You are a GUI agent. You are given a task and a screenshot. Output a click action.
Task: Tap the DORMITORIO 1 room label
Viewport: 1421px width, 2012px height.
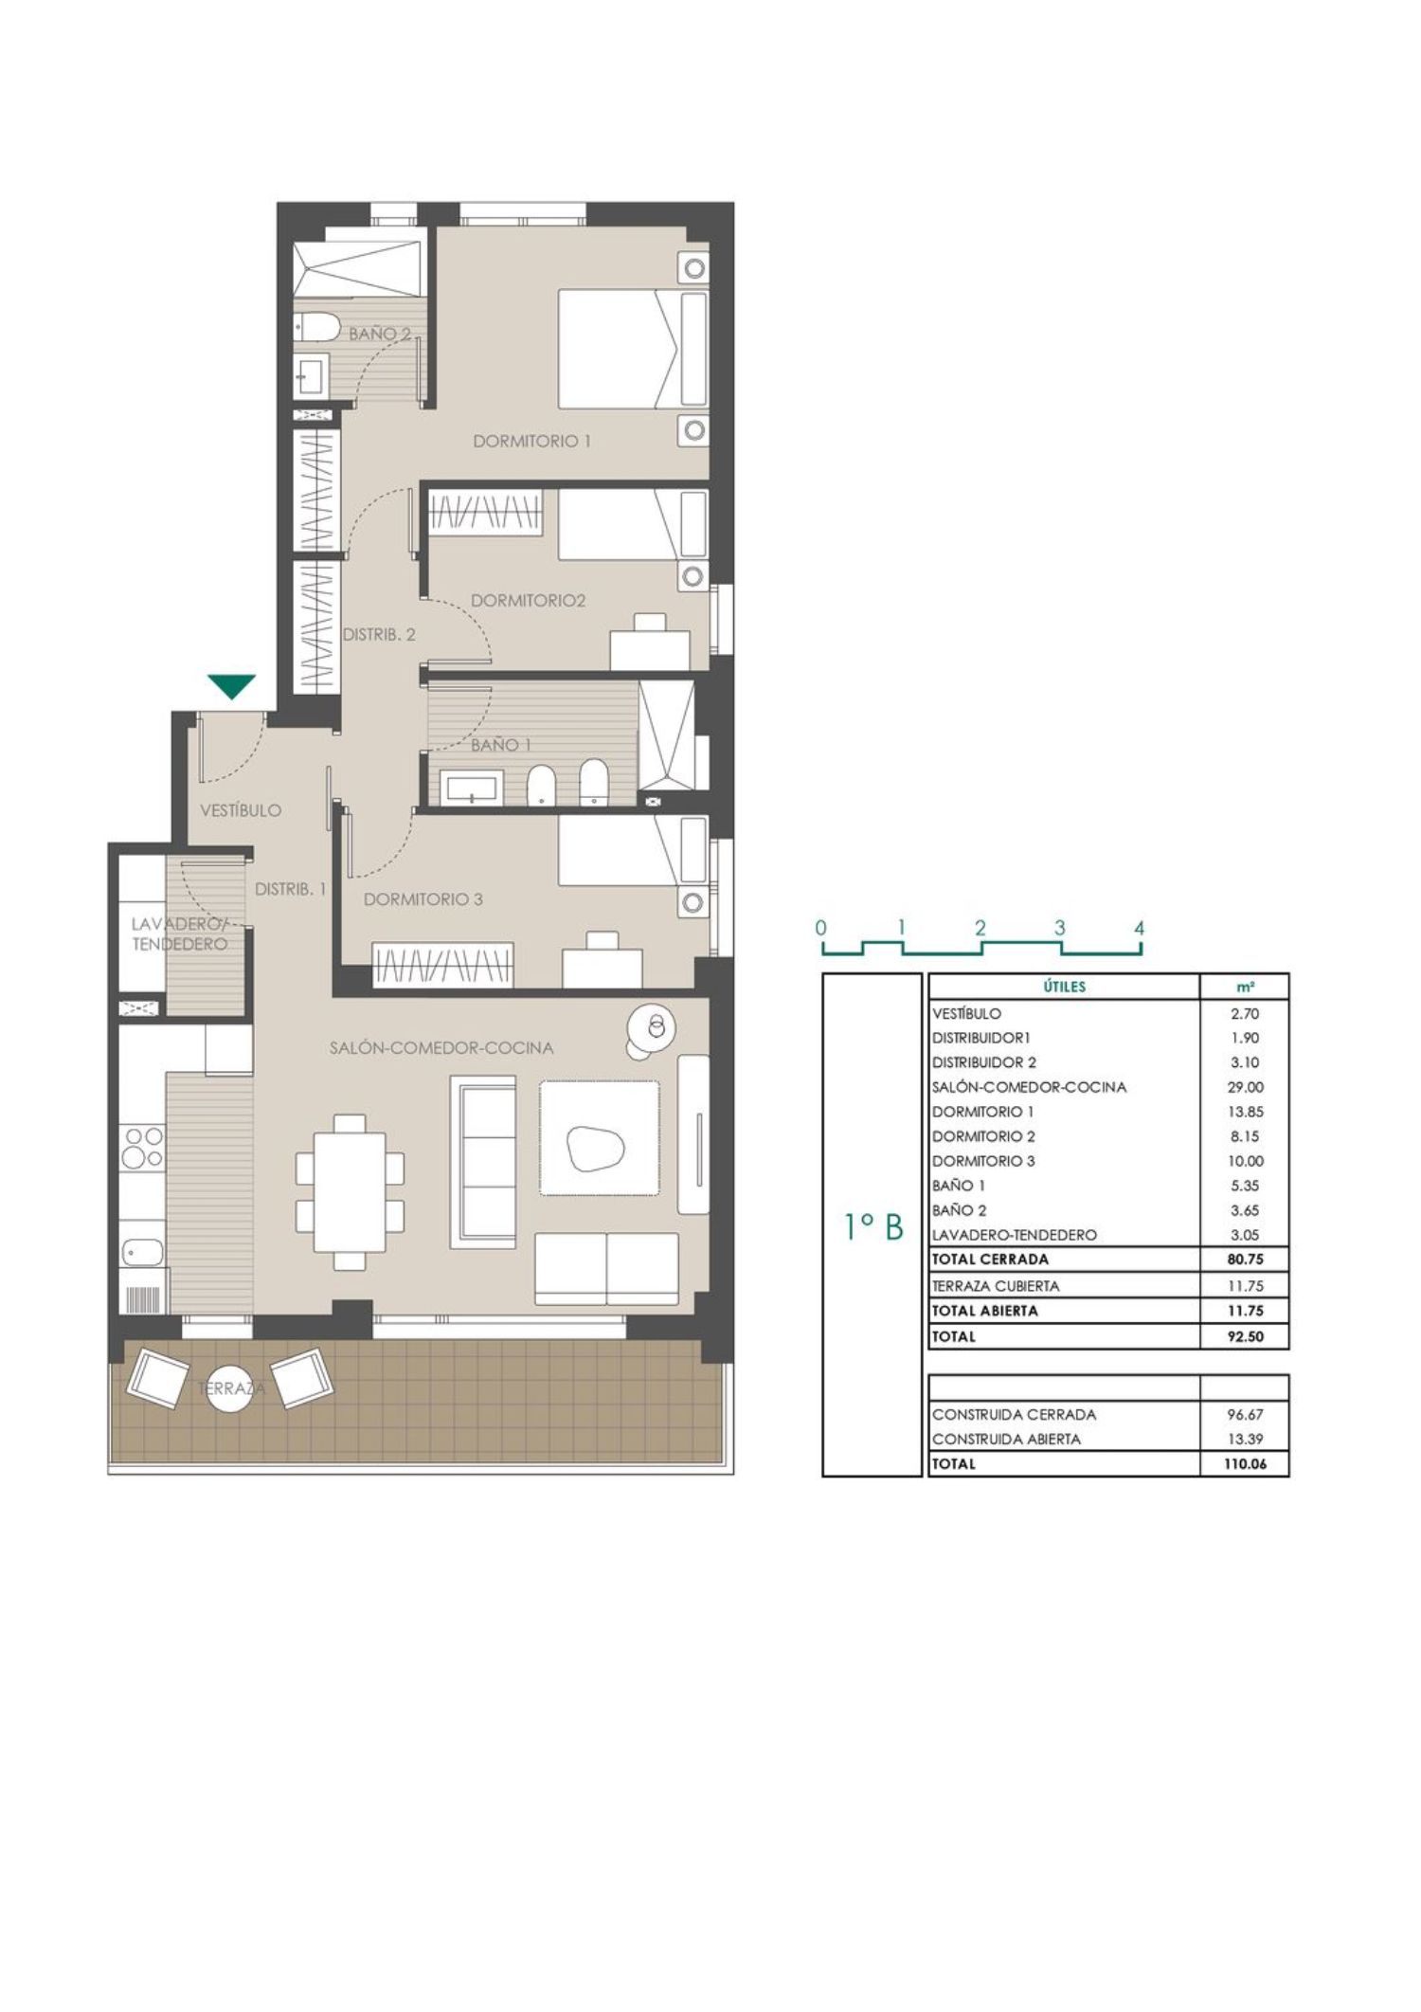point(531,441)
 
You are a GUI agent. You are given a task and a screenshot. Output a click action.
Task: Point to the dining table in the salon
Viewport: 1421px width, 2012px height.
point(350,1192)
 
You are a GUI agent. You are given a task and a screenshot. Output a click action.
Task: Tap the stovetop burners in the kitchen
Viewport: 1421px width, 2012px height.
point(141,1148)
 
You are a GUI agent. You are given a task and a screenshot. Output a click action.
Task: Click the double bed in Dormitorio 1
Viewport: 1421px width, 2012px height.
point(633,349)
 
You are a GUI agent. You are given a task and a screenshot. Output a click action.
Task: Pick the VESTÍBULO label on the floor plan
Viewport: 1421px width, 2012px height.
point(241,810)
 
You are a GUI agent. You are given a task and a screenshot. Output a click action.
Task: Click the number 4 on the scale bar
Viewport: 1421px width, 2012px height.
point(1140,928)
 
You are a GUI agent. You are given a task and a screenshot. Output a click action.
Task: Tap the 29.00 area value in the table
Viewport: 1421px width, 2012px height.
point(1245,1087)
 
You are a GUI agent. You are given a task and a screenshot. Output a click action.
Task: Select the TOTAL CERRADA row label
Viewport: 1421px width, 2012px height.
point(990,1260)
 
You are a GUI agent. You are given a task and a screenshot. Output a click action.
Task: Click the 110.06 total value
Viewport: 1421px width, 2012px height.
point(1245,1463)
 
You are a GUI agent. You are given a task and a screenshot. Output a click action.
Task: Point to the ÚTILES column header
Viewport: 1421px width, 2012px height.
point(1065,987)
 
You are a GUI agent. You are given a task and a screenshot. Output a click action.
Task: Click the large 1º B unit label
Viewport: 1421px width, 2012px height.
point(873,1228)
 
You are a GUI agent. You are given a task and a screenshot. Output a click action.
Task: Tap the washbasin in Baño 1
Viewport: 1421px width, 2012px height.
point(472,788)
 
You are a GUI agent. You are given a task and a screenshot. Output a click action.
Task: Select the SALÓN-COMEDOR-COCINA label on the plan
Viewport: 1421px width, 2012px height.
point(441,1048)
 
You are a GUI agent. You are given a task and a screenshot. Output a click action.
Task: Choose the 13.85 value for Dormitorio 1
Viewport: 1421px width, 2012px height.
point(1245,1112)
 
